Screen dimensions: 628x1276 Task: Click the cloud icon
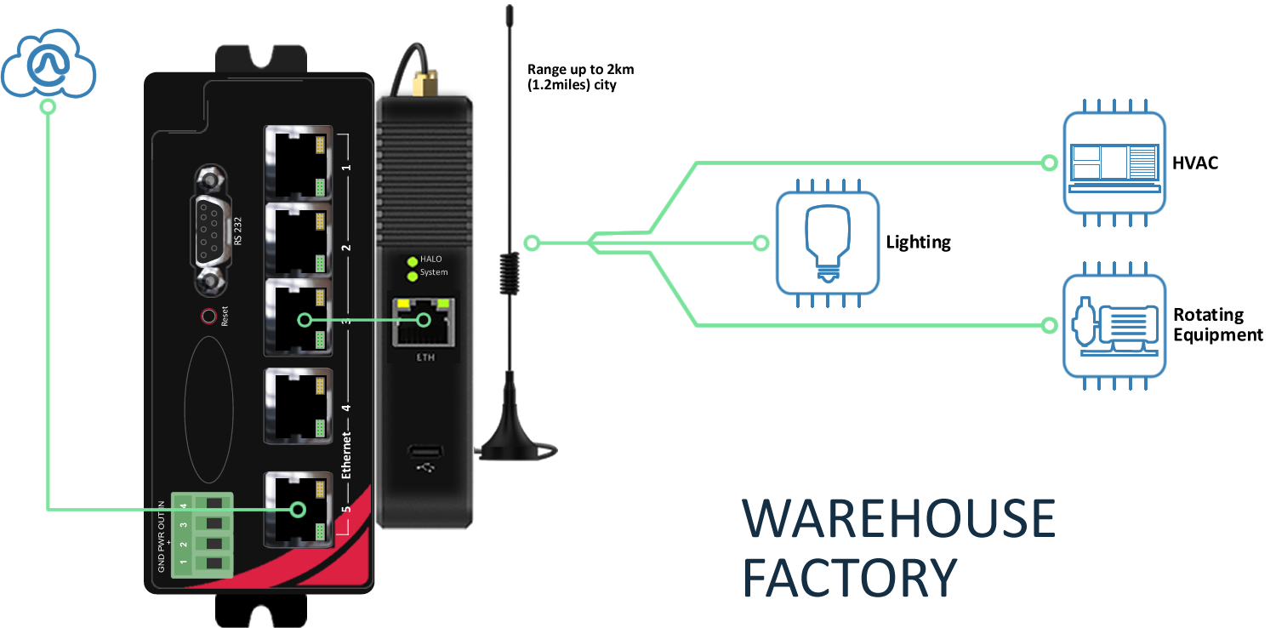click(48, 65)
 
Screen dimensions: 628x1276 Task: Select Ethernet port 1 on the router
click(296, 163)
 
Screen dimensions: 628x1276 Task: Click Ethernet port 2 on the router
click(296, 241)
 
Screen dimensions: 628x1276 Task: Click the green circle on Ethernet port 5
click(297, 510)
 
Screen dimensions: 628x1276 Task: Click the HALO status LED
click(413, 260)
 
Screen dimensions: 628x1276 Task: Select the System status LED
click(413, 274)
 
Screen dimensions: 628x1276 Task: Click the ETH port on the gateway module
click(424, 322)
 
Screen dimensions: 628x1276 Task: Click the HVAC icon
click(1114, 162)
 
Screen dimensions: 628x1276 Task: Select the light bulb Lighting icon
click(826, 243)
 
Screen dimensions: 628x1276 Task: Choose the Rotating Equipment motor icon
click(1114, 326)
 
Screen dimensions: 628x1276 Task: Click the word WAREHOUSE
click(898, 519)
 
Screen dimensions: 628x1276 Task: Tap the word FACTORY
click(849, 577)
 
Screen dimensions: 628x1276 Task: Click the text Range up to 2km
click(580, 70)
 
